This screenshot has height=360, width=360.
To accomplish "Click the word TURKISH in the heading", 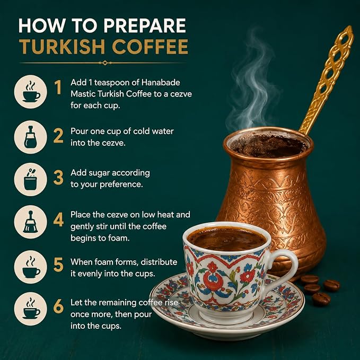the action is (x=62, y=47).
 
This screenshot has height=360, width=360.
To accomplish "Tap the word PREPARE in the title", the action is (x=145, y=25).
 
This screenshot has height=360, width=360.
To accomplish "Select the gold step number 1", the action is (x=58, y=87).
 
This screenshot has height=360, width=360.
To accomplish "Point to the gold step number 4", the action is (x=58, y=219).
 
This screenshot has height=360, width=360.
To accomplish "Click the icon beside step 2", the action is (x=31, y=137).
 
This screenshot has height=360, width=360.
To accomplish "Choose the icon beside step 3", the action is (x=31, y=179).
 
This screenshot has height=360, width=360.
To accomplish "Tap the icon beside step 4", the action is (x=31, y=222).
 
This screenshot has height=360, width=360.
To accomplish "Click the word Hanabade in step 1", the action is (x=161, y=82).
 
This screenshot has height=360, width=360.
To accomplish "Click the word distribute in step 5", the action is (x=159, y=262).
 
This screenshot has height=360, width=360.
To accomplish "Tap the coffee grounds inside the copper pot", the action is (x=268, y=146).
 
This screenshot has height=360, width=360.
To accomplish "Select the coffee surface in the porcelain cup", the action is (x=226, y=239).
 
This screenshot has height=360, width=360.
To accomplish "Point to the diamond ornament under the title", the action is (x=105, y=63).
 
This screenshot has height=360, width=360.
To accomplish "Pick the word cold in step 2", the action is (x=141, y=131).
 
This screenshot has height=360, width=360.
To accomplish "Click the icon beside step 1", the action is (x=31, y=92).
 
